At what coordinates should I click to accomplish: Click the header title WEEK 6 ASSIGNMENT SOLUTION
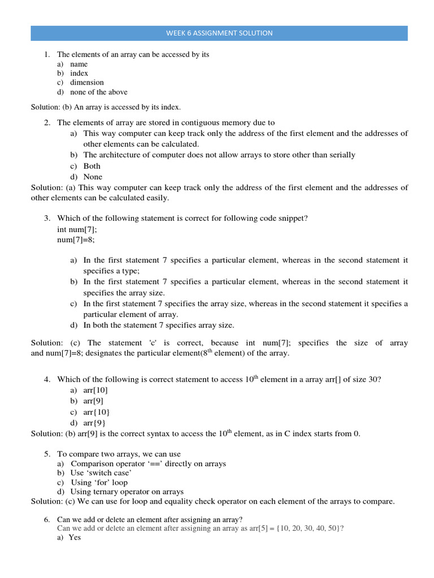tap(219, 33)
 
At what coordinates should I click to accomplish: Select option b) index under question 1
tap(79, 73)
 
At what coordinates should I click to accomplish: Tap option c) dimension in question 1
tap(86, 82)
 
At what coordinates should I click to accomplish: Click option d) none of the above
tap(98, 92)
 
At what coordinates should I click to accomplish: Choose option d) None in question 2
tap(93, 177)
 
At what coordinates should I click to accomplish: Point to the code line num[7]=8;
tap(76, 239)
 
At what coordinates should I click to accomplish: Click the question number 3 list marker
tap(47, 218)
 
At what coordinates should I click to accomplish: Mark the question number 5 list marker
tap(47, 454)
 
